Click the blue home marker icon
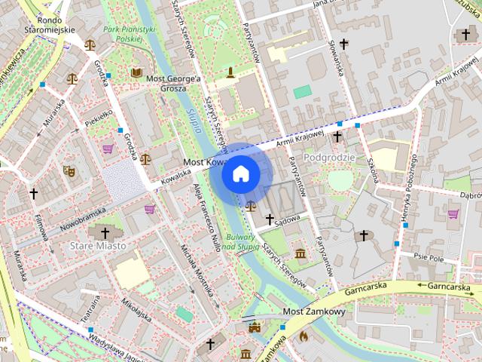(241, 174)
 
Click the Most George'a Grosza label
(174, 82)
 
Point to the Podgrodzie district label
(329, 157)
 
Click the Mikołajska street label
(136, 310)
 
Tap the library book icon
(136, 72)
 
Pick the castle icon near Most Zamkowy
(255, 327)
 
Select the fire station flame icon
(304, 336)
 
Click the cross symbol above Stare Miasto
(105, 232)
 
